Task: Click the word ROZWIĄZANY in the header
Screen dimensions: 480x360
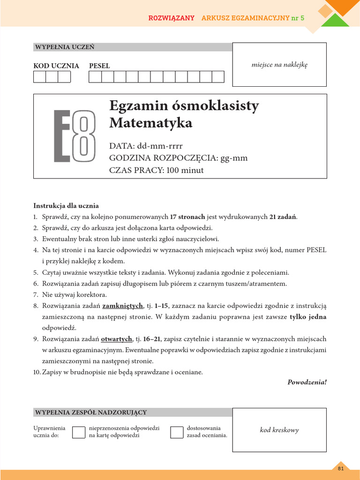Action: point(171,18)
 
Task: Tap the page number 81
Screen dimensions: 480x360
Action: point(341,468)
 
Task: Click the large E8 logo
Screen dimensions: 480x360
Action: point(75,136)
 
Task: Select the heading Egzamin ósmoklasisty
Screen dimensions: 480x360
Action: point(184,106)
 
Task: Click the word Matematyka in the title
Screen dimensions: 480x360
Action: point(150,123)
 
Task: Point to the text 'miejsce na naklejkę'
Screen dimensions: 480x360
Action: point(279,65)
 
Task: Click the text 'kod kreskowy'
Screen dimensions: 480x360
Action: point(279,430)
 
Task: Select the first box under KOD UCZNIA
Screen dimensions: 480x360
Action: point(39,77)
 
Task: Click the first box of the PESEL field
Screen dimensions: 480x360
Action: point(95,77)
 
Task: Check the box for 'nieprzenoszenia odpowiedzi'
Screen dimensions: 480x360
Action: point(78,432)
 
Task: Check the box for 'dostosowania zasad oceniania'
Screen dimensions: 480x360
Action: point(176,432)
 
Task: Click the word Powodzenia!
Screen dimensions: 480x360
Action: point(307,382)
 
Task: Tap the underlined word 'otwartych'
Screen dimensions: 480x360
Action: point(117,339)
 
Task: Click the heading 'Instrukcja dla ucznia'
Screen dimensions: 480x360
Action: point(66,206)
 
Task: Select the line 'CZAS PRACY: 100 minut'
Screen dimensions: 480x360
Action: point(156,170)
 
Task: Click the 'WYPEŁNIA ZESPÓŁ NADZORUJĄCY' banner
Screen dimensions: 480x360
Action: point(90,412)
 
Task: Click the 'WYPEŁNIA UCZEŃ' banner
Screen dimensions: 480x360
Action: point(64,47)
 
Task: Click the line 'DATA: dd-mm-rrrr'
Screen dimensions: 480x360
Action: point(146,146)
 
